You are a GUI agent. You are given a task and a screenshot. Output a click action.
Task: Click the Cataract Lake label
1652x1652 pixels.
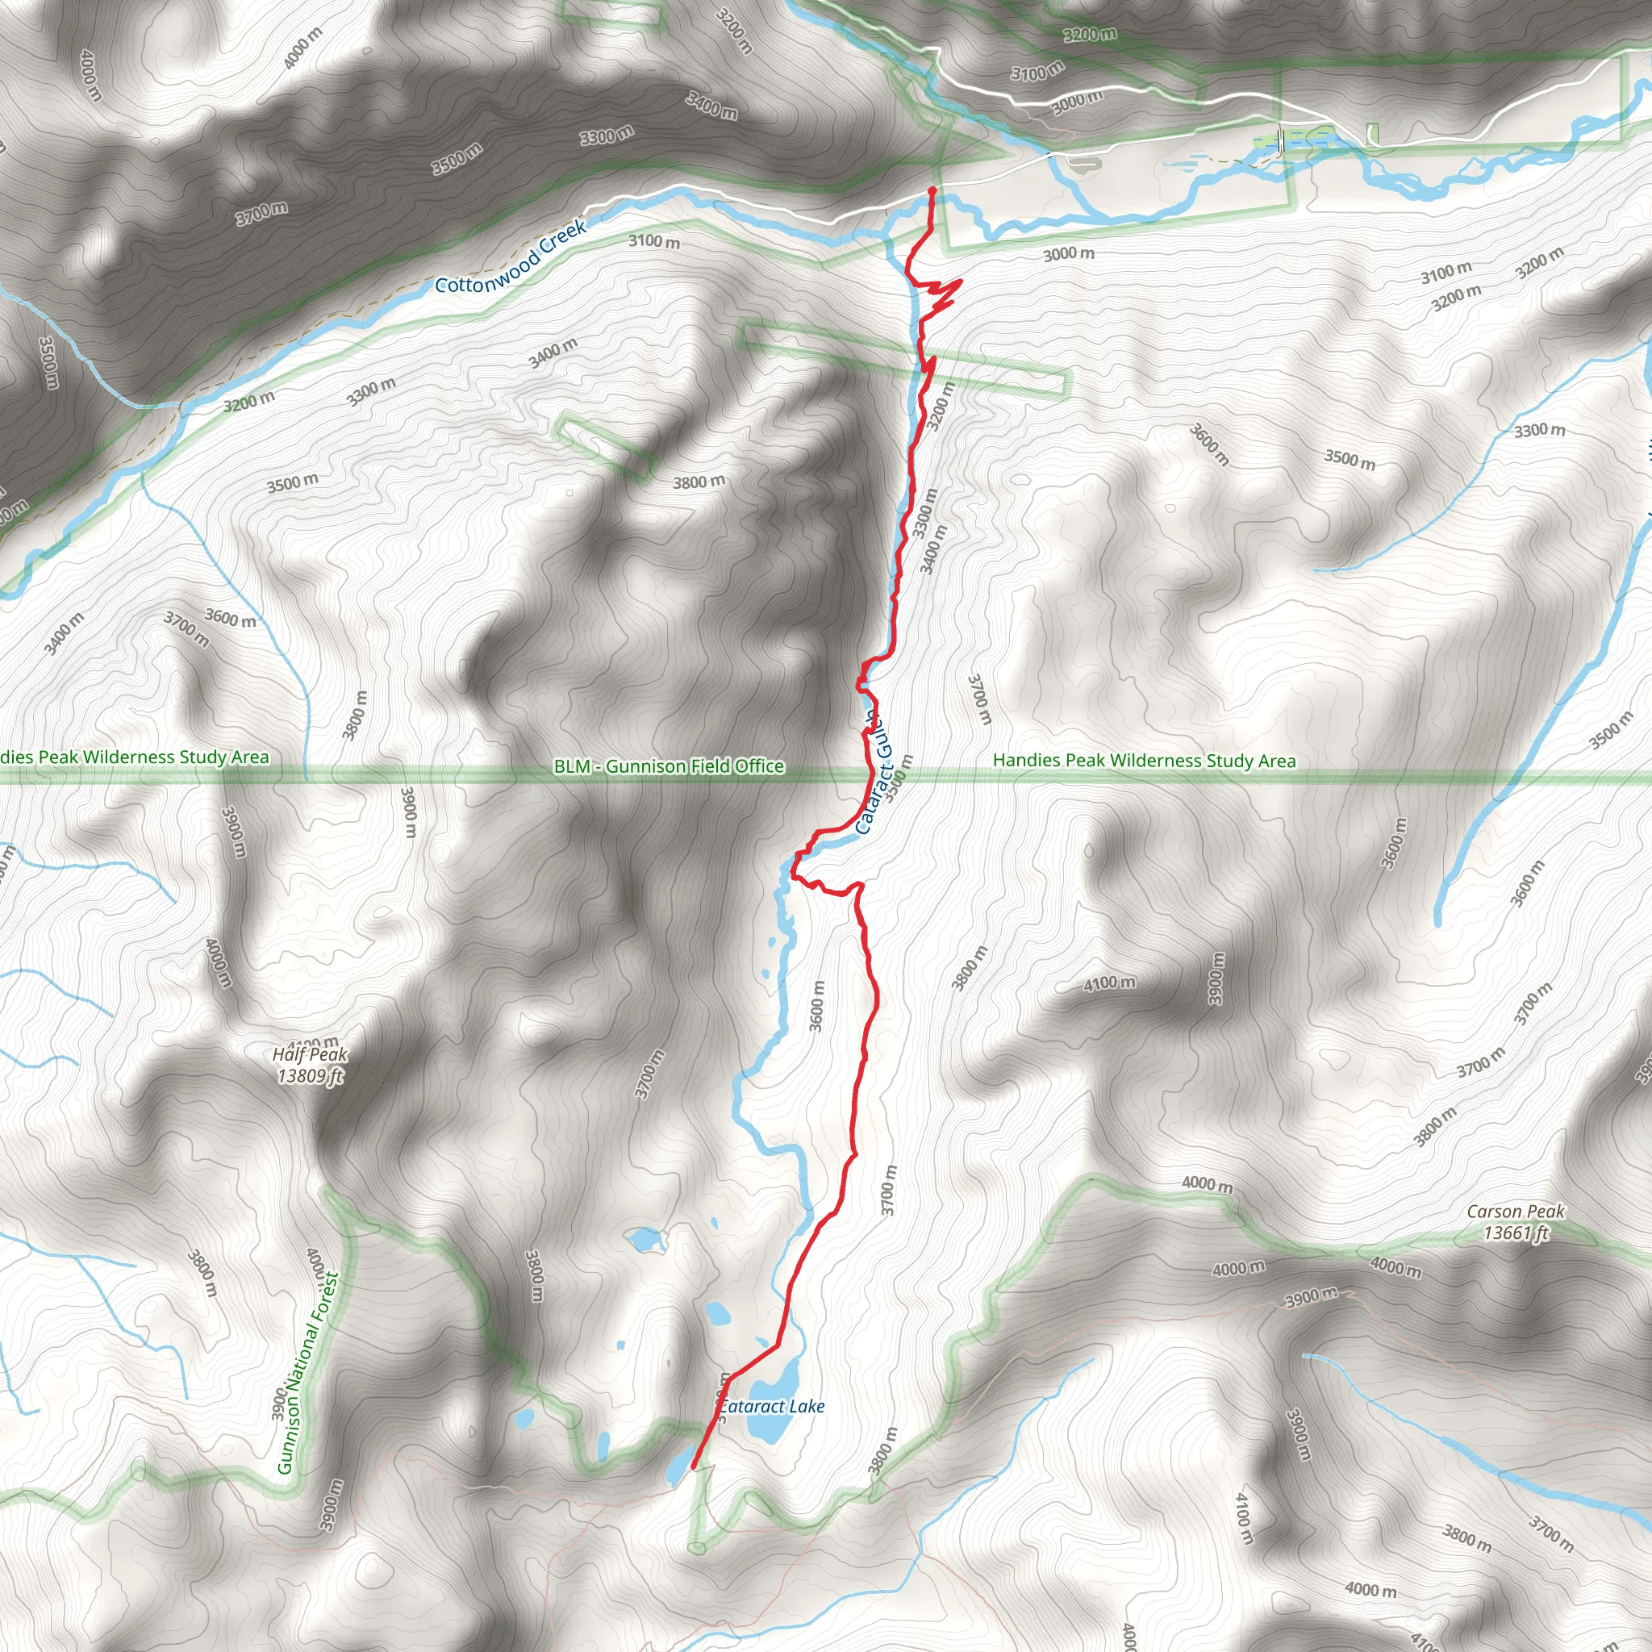point(771,1407)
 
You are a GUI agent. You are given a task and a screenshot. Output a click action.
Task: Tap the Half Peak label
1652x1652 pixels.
point(310,1054)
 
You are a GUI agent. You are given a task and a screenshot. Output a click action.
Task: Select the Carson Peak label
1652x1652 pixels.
point(1515,1212)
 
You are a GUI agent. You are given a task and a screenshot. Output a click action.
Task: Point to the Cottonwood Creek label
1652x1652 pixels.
point(511,257)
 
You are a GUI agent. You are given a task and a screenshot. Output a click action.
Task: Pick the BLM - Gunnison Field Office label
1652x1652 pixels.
point(669,766)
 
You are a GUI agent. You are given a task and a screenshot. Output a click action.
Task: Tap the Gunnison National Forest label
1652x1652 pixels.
point(308,1373)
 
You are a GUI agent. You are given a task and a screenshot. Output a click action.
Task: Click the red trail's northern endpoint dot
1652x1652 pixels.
point(931,190)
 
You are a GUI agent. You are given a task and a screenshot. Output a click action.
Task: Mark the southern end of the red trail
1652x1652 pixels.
point(693,1467)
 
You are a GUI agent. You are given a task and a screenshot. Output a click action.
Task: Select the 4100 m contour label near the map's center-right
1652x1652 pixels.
point(1109,984)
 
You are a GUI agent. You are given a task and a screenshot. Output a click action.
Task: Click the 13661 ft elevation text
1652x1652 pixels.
point(1516,1233)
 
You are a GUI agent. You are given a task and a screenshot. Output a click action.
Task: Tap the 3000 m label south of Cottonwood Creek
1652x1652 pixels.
point(1068,254)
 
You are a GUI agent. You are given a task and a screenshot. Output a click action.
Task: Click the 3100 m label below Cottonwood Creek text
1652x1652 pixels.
point(654,242)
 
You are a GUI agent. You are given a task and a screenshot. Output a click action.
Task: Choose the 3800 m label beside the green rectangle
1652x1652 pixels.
point(699,482)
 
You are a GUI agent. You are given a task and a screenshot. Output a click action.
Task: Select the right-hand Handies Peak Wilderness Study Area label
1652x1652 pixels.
point(1144,760)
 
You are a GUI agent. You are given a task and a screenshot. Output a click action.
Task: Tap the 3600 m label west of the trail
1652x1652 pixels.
point(817,1007)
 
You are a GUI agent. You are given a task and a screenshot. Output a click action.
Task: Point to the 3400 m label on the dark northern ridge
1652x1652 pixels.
point(711,106)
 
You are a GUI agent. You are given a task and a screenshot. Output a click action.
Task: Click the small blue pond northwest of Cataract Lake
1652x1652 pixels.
point(643,1237)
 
